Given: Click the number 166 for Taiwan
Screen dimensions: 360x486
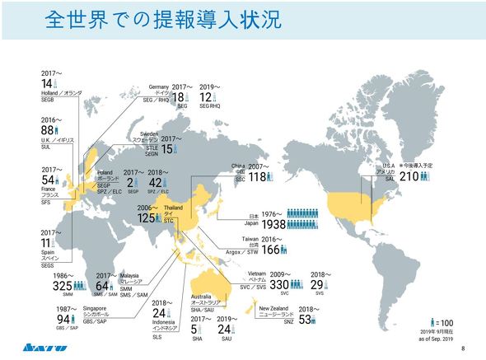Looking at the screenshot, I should pos(274,249).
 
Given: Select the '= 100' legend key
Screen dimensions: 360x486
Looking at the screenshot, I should pos(443,321).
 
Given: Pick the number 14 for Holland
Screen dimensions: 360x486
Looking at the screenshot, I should pos(47,83).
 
